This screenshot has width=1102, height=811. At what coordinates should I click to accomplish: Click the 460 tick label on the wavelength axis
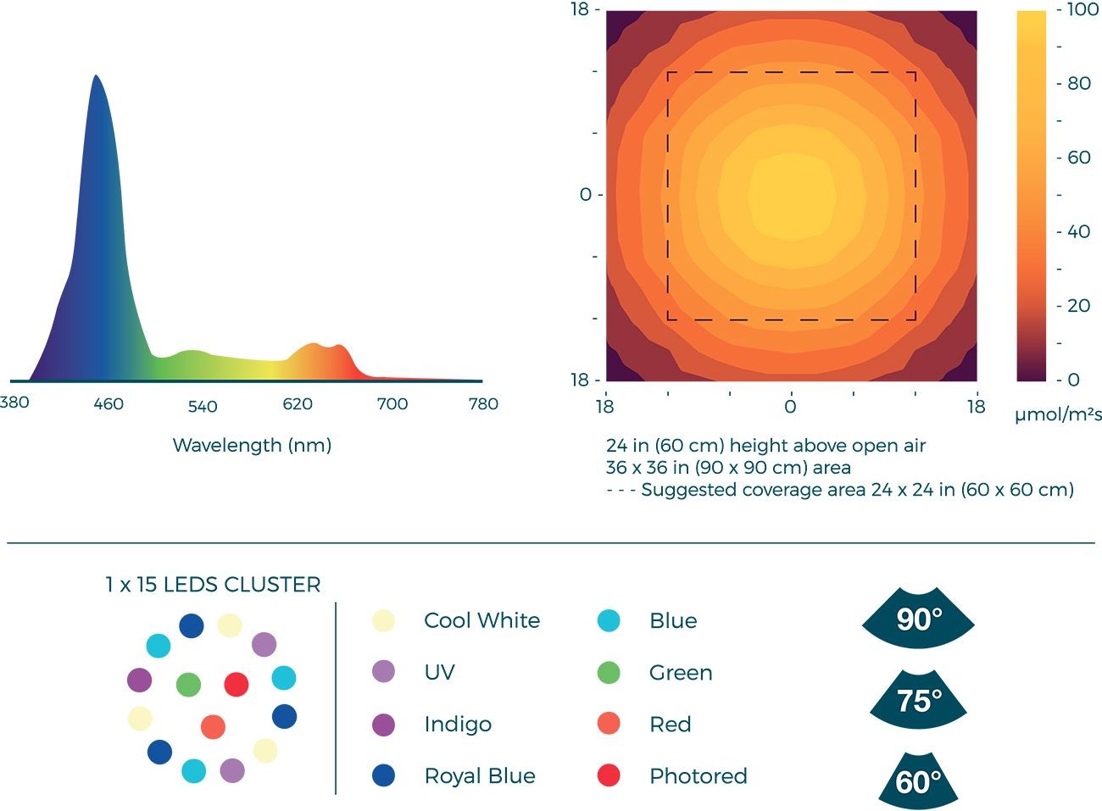point(109,404)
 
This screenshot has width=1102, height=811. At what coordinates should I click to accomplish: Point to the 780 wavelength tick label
point(483,404)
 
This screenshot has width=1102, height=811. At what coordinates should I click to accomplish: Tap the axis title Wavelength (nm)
point(252,445)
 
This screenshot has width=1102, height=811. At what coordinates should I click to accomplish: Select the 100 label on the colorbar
point(1083,9)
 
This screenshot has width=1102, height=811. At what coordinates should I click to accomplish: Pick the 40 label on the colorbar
point(1078,231)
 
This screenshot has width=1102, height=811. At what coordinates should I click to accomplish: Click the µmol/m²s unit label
point(1058,414)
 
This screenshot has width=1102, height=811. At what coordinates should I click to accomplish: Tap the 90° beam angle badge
point(918,619)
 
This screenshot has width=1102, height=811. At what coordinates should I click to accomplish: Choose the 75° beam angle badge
point(918,700)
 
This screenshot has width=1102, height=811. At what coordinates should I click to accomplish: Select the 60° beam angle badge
point(918,780)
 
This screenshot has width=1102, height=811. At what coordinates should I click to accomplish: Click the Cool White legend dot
point(383,620)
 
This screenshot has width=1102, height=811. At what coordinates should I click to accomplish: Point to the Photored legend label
point(698,775)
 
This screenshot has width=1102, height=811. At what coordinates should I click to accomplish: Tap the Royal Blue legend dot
point(383,775)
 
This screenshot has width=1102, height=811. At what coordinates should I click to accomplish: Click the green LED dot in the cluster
point(188,684)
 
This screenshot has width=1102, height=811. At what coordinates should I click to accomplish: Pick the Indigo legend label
point(458,724)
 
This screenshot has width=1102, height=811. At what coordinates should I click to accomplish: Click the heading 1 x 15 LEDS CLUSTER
point(213,585)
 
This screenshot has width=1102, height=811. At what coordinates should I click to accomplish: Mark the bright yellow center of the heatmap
point(792,194)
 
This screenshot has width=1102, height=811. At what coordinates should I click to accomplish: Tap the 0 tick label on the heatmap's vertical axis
point(585,195)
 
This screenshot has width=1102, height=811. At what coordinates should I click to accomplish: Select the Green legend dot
point(609,673)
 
